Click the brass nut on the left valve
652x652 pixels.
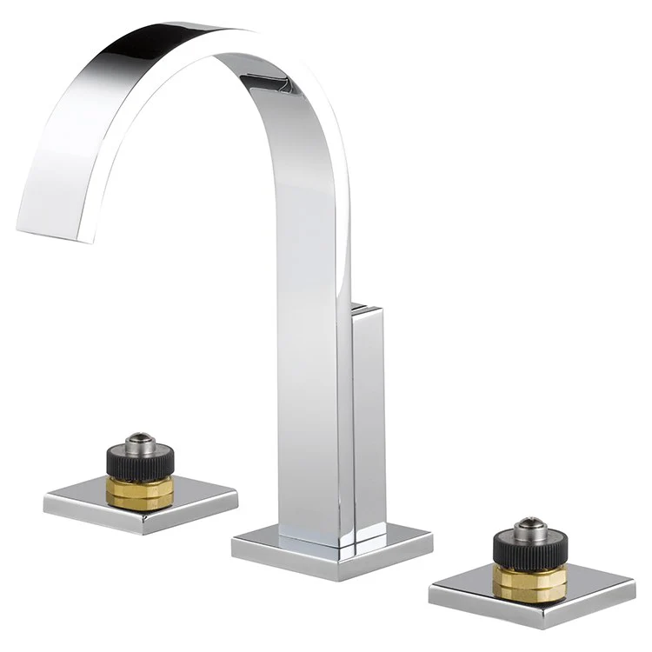(x=139, y=491)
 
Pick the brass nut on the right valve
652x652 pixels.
(x=529, y=582)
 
